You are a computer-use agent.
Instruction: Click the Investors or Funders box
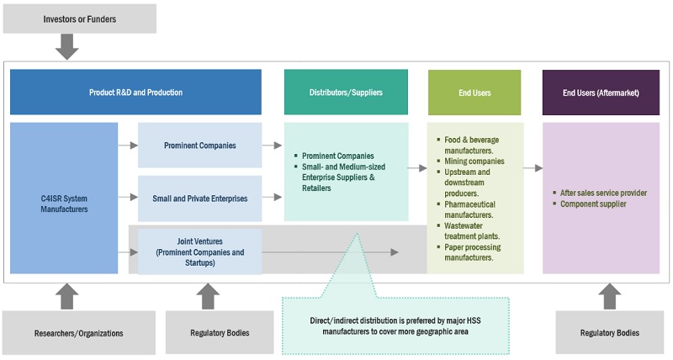pyautogui.click(x=80, y=19)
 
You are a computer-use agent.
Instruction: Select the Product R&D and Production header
pyautogui.click(x=135, y=93)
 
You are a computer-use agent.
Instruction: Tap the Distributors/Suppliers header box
pyautogui.click(x=346, y=93)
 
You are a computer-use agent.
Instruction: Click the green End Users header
pyautogui.click(x=474, y=93)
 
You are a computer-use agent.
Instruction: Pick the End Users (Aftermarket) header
pyautogui.click(x=601, y=93)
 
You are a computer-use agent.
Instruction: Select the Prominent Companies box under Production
pyautogui.click(x=199, y=146)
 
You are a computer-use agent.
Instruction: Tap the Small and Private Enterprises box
pyautogui.click(x=199, y=199)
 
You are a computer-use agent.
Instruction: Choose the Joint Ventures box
pyautogui.click(x=199, y=251)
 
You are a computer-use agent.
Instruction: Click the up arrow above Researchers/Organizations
pyautogui.click(x=66, y=296)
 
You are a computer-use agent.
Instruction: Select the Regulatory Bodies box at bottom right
pyautogui.click(x=608, y=332)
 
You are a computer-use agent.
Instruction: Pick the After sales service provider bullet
pyautogui.click(x=603, y=193)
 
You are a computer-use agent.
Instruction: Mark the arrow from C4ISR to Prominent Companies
pyautogui.click(x=128, y=146)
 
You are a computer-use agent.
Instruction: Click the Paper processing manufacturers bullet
pyautogui.click(x=473, y=252)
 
